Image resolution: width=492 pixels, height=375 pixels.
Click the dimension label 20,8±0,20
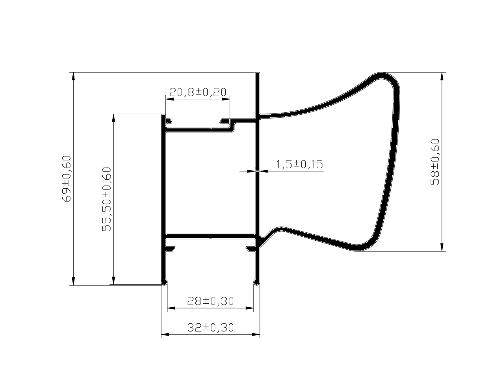pos(198,92)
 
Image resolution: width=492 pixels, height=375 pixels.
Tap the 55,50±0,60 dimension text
pos(107,199)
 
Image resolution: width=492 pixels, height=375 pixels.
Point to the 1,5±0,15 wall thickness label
pos(299,164)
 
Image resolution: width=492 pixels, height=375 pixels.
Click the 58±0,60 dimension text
pos(435,162)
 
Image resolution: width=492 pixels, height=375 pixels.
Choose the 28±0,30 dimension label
pos(210,301)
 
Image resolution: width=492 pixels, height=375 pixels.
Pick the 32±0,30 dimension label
pos(210,327)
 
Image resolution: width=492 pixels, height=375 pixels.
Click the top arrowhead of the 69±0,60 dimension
pos(73,76)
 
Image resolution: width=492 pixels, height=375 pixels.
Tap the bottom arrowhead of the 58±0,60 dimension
pos(442,247)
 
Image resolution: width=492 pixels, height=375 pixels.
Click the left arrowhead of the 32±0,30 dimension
pos(165,334)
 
